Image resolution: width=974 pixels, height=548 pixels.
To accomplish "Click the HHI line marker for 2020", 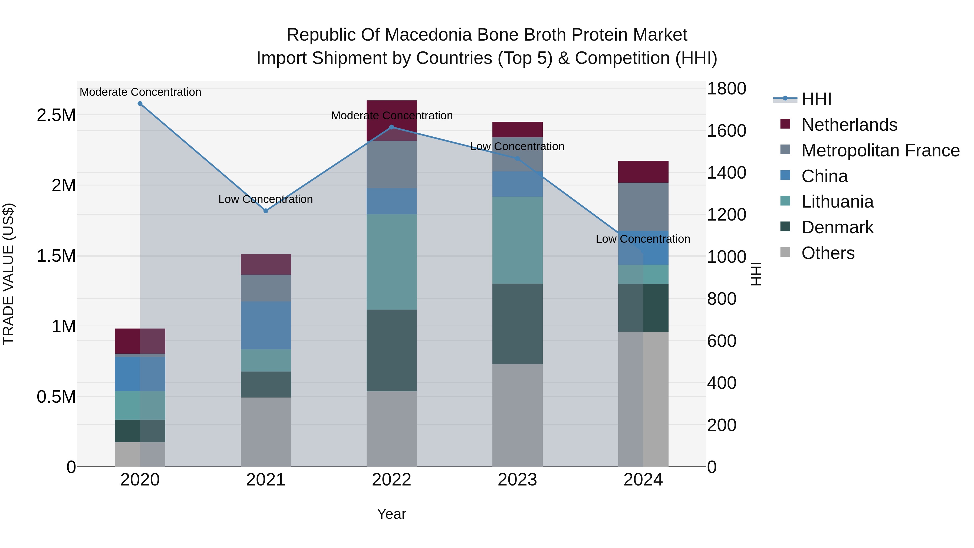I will pyautogui.click(x=140, y=104).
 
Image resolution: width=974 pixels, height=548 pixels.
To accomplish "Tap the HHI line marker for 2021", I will pyautogui.click(x=266, y=211).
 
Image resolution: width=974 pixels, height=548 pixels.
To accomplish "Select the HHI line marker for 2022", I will pyautogui.click(x=392, y=127).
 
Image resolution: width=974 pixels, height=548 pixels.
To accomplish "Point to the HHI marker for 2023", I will pyautogui.click(x=518, y=159).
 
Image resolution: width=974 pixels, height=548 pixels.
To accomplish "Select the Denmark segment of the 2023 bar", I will pyautogui.click(x=517, y=324).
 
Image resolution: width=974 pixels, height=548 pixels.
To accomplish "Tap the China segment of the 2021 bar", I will pyautogui.click(x=266, y=325).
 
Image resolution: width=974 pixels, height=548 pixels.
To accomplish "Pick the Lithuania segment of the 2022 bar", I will pyautogui.click(x=392, y=262).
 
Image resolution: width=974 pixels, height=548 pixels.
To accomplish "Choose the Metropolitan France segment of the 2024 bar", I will pyautogui.click(x=643, y=206).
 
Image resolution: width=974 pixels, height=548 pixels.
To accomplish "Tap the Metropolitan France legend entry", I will pyautogui.click(x=880, y=150).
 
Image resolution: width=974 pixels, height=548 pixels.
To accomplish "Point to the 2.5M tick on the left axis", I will pyautogui.click(x=56, y=115).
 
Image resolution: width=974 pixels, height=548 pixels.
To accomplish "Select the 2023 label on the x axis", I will pyautogui.click(x=517, y=480).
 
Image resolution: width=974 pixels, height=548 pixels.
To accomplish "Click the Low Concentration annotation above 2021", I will pyautogui.click(x=265, y=199).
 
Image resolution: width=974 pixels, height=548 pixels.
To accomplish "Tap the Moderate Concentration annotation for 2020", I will pyautogui.click(x=140, y=92).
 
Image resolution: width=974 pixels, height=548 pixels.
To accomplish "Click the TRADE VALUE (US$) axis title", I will pyautogui.click(x=8, y=274).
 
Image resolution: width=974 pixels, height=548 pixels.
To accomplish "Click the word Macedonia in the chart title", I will pyautogui.click(x=428, y=35).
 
